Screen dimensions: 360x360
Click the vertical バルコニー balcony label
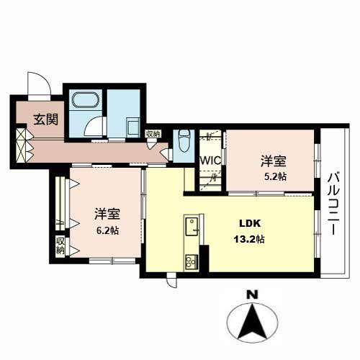point(334,204)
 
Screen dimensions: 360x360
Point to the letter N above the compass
point(251,294)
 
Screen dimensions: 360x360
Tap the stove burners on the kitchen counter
point(191,261)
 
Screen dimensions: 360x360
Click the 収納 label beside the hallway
point(153,133)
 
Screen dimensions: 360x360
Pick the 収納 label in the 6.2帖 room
point(60,245)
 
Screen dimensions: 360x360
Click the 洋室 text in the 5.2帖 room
point(272,161)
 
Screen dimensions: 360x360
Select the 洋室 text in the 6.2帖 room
point(107,214)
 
